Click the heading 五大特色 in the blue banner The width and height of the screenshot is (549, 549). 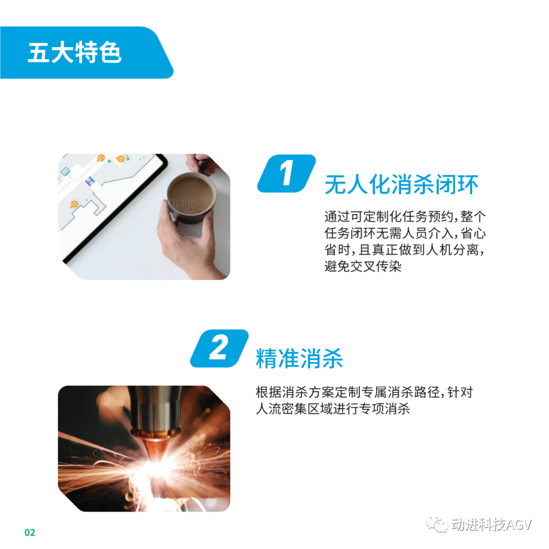[75, 52]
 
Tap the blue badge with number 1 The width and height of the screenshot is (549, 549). [286, 173]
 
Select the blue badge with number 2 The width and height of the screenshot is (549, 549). [219, 348]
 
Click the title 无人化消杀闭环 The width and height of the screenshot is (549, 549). [401, 184]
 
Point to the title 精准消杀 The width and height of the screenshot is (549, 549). [299, 358]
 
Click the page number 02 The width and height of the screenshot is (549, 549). [30, 533]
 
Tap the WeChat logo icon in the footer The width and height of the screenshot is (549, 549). [437, 525]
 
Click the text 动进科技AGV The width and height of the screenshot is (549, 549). [492, 525]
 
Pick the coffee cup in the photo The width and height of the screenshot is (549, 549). [191, 197]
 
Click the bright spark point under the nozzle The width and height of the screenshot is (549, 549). [159, 466]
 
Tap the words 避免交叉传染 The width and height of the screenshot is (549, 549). [363, 266]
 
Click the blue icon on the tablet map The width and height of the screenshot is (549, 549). [90, 181]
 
